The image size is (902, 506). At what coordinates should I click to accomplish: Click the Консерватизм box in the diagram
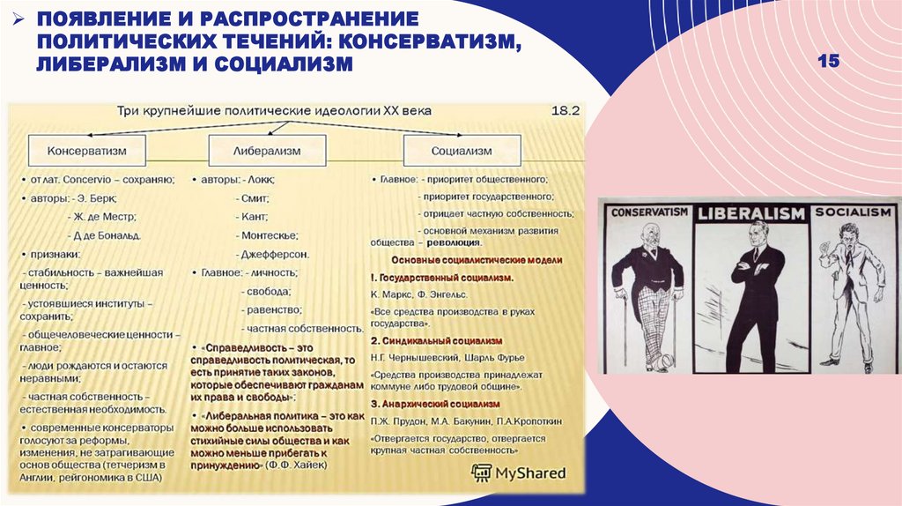pos(86,151)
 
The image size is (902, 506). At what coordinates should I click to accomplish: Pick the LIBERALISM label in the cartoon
pos(751,213)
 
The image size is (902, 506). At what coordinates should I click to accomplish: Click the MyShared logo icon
pos(483,473)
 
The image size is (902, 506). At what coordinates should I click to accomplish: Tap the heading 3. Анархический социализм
pos(435,403)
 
